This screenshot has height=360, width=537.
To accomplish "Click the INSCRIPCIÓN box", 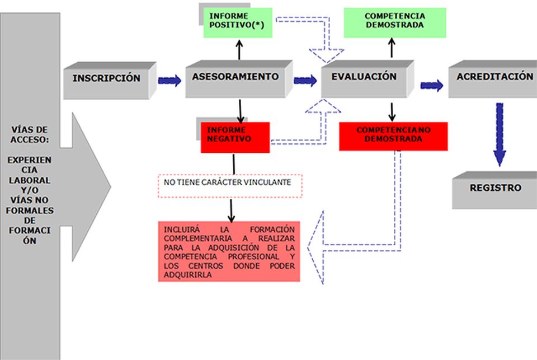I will (106, 79).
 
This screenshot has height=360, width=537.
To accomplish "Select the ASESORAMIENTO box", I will (235, 78).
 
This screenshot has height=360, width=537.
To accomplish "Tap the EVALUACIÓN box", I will (364, 78).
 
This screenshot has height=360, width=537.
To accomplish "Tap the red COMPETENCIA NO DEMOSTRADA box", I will (394, 136).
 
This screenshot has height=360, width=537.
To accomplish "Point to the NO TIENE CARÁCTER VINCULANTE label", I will (230, 183).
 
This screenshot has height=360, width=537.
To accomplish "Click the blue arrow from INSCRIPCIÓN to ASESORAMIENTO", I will (169, 81).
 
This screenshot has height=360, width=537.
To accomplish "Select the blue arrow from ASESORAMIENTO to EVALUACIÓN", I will (305, 81).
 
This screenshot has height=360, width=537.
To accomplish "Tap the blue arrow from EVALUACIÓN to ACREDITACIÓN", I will (431, 85).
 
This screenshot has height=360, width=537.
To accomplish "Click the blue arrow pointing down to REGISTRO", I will (499, 134).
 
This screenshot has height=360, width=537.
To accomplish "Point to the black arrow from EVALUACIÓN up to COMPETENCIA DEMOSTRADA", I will (392, 48).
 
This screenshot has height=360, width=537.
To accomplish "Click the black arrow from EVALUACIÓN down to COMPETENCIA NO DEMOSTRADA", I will (392, 110).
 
